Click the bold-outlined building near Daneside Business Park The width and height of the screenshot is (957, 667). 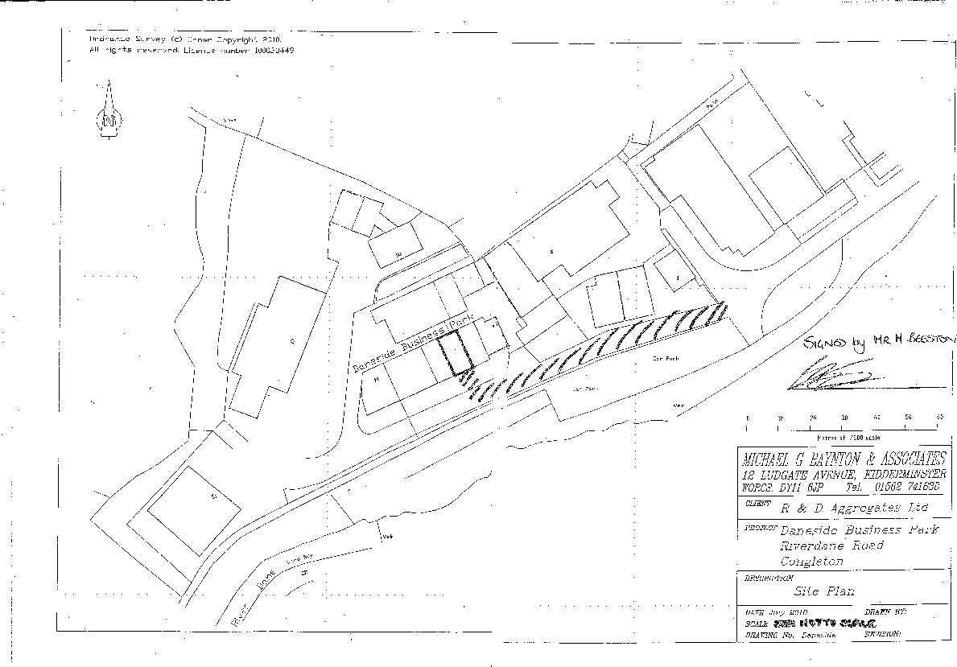456,353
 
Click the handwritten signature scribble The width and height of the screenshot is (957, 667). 829,376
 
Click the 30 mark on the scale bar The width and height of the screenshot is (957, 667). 844,418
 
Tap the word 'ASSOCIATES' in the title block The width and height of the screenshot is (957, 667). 906,459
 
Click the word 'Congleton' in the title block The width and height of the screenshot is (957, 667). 811,562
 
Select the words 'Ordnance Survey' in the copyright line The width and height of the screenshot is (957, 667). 126,39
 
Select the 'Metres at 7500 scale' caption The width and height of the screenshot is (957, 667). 841,438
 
